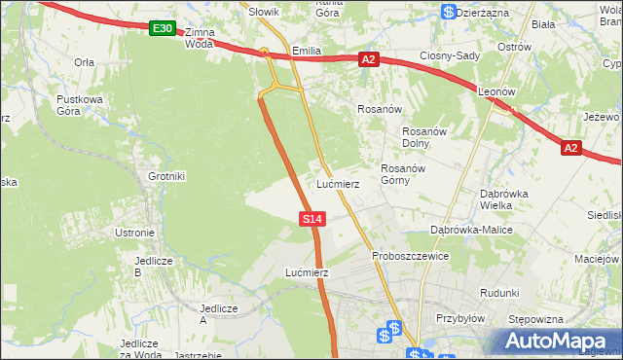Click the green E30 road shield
coord(163,29)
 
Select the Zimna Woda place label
coord(198,38)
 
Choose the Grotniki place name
coord(166,176)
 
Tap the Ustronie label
coord(135,233)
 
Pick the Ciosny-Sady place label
coord(450,55)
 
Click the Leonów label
coord(495,90)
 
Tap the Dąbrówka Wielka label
coord(504,199)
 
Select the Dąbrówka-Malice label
coord(472,230)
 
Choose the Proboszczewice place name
coord(410,256)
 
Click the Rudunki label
coord(499,292)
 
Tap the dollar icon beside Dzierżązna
coord(448,12)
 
